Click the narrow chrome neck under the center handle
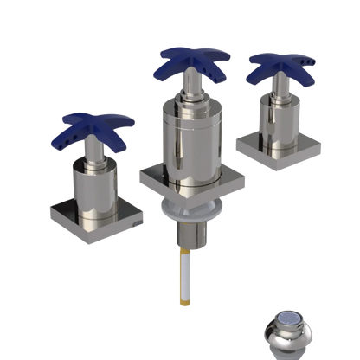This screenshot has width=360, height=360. tap(192, 92)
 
